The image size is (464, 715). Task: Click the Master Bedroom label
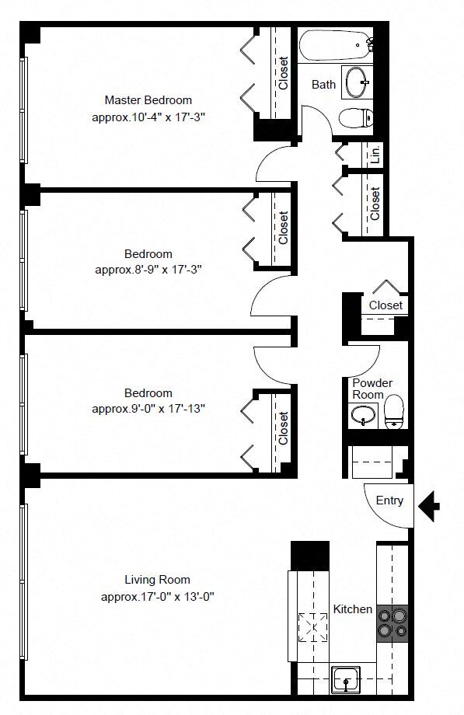(148, 99)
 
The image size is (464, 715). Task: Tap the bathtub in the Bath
(337, 45)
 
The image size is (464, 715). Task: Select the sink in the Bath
(358, 82)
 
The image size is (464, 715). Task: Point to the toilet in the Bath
(356, 117)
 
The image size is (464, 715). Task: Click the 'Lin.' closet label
(375, 154)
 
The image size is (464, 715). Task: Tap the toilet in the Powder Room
(394, 412)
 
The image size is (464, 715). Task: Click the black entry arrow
(429, 506)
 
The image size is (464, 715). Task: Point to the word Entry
(389, 500)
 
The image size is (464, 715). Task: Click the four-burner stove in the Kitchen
(392, 623)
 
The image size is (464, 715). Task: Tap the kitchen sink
(346, 679)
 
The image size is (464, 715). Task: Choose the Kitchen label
(353, 609)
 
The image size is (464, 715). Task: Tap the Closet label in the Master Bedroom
(284, 73)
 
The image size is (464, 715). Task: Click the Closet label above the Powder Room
(386, 305)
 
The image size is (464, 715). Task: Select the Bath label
(323, 85)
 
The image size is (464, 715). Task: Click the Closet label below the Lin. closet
(375, 204)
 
